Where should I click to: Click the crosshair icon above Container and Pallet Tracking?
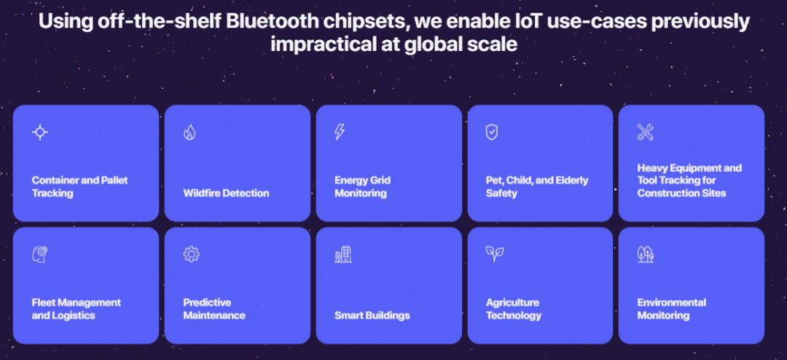(x=40, y=132)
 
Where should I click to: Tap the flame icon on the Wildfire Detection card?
(x=189, y=132)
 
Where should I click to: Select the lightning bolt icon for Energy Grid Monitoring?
(x=340, y=132)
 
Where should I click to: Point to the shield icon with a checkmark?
(x=491, y=132)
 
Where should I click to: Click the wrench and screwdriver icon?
(x=646, y=132)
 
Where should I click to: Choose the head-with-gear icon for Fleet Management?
(x=40, y=254)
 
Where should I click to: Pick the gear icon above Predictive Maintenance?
(x=191, y=254)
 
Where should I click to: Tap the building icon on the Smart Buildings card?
(x=343, y=254)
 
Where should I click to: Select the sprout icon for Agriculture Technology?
(x=494, y=254)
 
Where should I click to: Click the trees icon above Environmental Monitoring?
(x=646, y=254)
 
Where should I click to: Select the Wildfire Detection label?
(x=227, y=193)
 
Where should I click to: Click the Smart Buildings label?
(x=372, y=316)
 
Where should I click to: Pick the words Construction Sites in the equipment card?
(x=681, y=193)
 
